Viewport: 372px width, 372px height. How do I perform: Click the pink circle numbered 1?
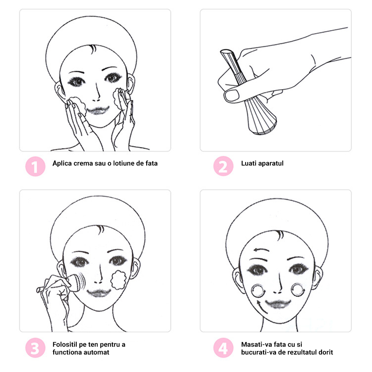[35, 166]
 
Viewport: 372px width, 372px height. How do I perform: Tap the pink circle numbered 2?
[223, 166]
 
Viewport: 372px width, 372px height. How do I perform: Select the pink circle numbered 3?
[35, 348]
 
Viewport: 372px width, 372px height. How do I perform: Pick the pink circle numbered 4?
[223, 348]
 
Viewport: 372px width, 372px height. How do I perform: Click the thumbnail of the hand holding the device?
[276, 80]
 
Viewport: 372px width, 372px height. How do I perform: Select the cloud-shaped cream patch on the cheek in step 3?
[118, 280]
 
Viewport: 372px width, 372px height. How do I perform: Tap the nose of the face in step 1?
[97, 93]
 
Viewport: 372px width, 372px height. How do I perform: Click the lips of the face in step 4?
[278, 304]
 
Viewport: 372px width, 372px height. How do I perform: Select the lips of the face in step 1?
[98, 110]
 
